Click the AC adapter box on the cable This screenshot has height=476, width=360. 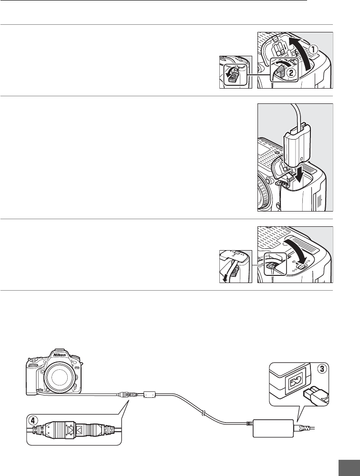point(272,426)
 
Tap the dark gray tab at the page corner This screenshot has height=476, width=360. point(350,466)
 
